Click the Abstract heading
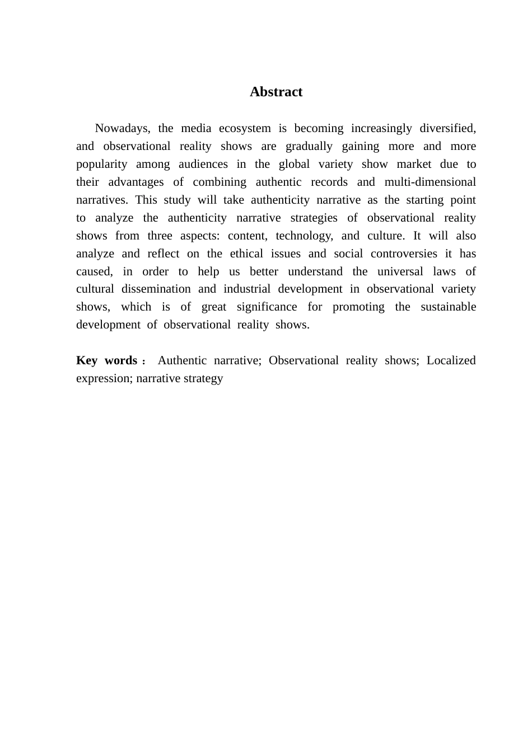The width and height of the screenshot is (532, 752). pos(276,92)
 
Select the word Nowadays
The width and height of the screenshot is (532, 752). pos(122,128)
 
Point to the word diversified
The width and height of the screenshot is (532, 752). pos(447,128)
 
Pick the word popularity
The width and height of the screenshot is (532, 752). pos(102,164)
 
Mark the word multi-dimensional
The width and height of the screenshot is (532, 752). pos(430,182)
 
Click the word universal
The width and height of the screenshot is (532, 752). pos(400,271)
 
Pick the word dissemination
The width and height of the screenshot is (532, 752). pos(156,289)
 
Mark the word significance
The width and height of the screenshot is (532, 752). pos(267,307)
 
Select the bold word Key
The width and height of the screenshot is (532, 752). pos(87,360)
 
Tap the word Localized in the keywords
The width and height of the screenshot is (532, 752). pos(451,360)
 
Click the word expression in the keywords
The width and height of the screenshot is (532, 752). pos(104,378)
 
